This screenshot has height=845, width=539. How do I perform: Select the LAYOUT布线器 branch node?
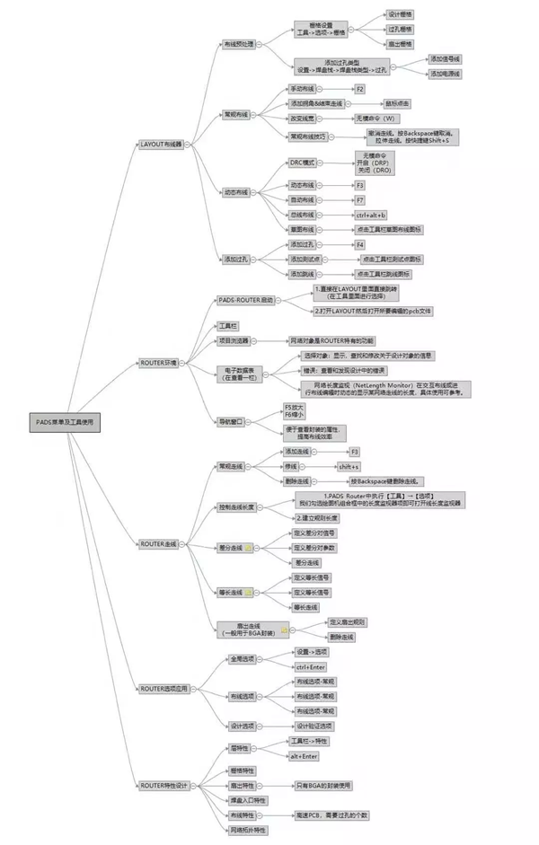pos(161,144)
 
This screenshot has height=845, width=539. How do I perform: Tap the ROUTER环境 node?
pos(159,363)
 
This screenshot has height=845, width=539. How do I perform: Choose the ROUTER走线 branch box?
pos(158,544)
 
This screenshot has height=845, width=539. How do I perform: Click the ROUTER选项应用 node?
pos(164,689)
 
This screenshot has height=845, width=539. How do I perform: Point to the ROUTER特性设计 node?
pos(164,785)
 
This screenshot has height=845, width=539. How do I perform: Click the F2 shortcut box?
pos(359,90)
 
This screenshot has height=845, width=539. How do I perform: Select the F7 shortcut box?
pos(359,200)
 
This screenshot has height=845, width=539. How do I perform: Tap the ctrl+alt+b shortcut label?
pos(370,216)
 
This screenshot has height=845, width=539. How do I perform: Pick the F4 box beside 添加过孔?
pos(359,244)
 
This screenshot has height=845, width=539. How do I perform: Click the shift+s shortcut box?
pos(349,467)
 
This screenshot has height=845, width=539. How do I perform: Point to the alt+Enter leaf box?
pos(304,756)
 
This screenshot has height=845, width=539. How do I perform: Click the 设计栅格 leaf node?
pos(401,15)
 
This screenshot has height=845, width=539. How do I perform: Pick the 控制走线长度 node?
pos(237,507)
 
